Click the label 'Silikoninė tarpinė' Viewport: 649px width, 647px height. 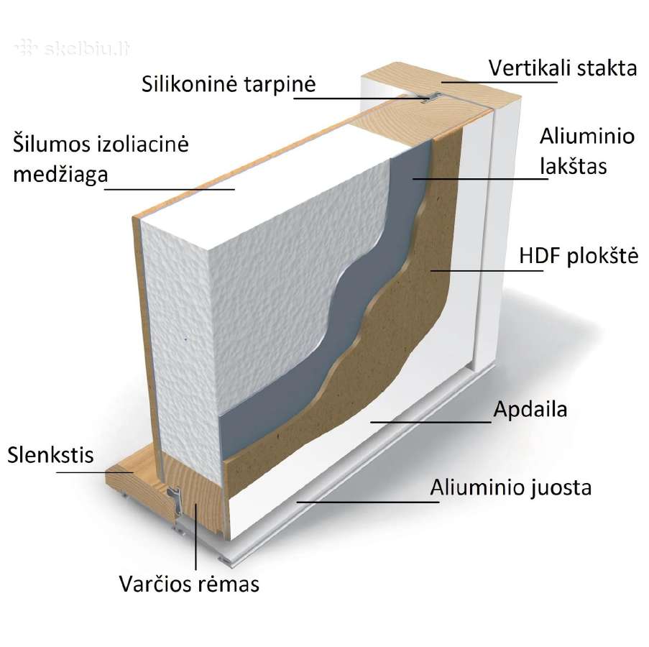point(229,84)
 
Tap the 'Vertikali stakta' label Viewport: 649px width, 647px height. point(563,68)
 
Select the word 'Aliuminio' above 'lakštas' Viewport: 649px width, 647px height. point(587,136)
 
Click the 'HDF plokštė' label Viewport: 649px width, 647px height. point(579,256)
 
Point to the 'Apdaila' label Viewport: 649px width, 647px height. point(530,409)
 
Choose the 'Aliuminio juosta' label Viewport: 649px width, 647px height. point(511,487)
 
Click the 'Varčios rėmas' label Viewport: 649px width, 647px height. point(189,584)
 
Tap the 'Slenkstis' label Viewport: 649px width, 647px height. point(50,455)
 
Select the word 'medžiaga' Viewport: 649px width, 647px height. point(60,175)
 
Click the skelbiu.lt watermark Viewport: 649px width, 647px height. point(73,48)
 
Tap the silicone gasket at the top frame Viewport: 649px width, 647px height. point(431,98)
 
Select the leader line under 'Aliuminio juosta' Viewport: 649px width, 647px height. point(368,502)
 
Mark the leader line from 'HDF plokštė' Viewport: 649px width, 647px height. point(487,271)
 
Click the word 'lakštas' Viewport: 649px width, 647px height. point(574,166)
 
